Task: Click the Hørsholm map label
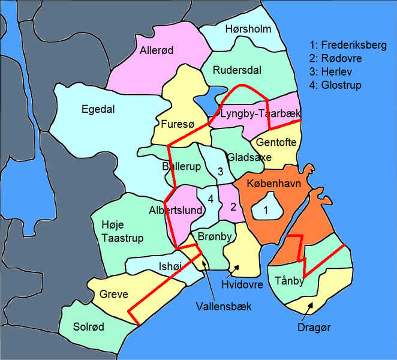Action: tap(248, 29)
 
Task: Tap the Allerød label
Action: tap(157, 51)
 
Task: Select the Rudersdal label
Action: tap(237, 70)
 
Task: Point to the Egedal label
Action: tap(98, 109)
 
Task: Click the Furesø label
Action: tap(176, 125)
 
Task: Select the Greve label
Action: tap(114, 295)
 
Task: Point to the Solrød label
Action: tap(89, 327)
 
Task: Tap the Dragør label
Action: tap(314, 328)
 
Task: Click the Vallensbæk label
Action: tap(224, 307)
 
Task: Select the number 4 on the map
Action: tap(210, 199)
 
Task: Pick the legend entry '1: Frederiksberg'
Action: tap(348, 45)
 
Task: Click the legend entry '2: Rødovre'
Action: tap(336, 58)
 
